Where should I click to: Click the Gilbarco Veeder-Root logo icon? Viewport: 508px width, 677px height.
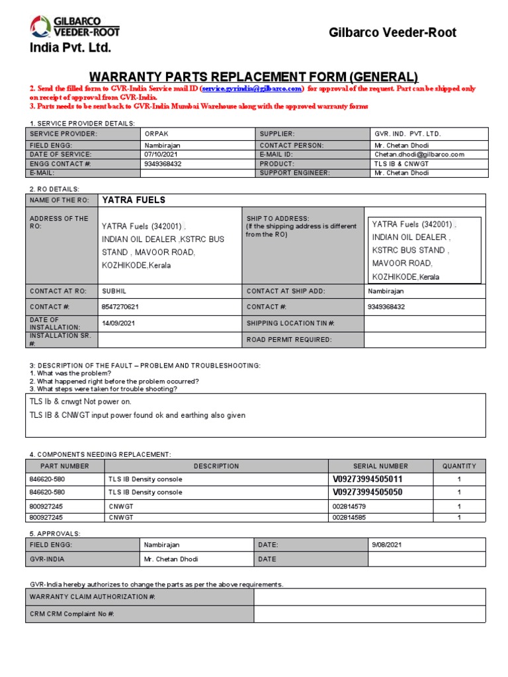click(40, 26)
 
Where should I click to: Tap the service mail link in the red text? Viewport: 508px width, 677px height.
click(252, 88)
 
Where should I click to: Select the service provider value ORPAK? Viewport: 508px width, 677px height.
click(157, 134)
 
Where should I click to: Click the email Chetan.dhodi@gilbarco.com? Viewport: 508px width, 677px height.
click(419, 154)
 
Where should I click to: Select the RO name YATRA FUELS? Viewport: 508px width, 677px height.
click(134, 200)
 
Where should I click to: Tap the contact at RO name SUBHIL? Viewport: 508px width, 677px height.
click(114, 291)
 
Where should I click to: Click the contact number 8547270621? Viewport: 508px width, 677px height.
click(120, 307)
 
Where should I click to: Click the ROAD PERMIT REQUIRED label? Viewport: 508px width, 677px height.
click(289, 340)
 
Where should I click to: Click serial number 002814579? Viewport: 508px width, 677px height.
click(350, 506)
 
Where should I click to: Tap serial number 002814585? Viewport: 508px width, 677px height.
click(350, 517)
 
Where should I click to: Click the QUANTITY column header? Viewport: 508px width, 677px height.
click(458, 466)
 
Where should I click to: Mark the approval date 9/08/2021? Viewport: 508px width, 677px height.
click(386, 545)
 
